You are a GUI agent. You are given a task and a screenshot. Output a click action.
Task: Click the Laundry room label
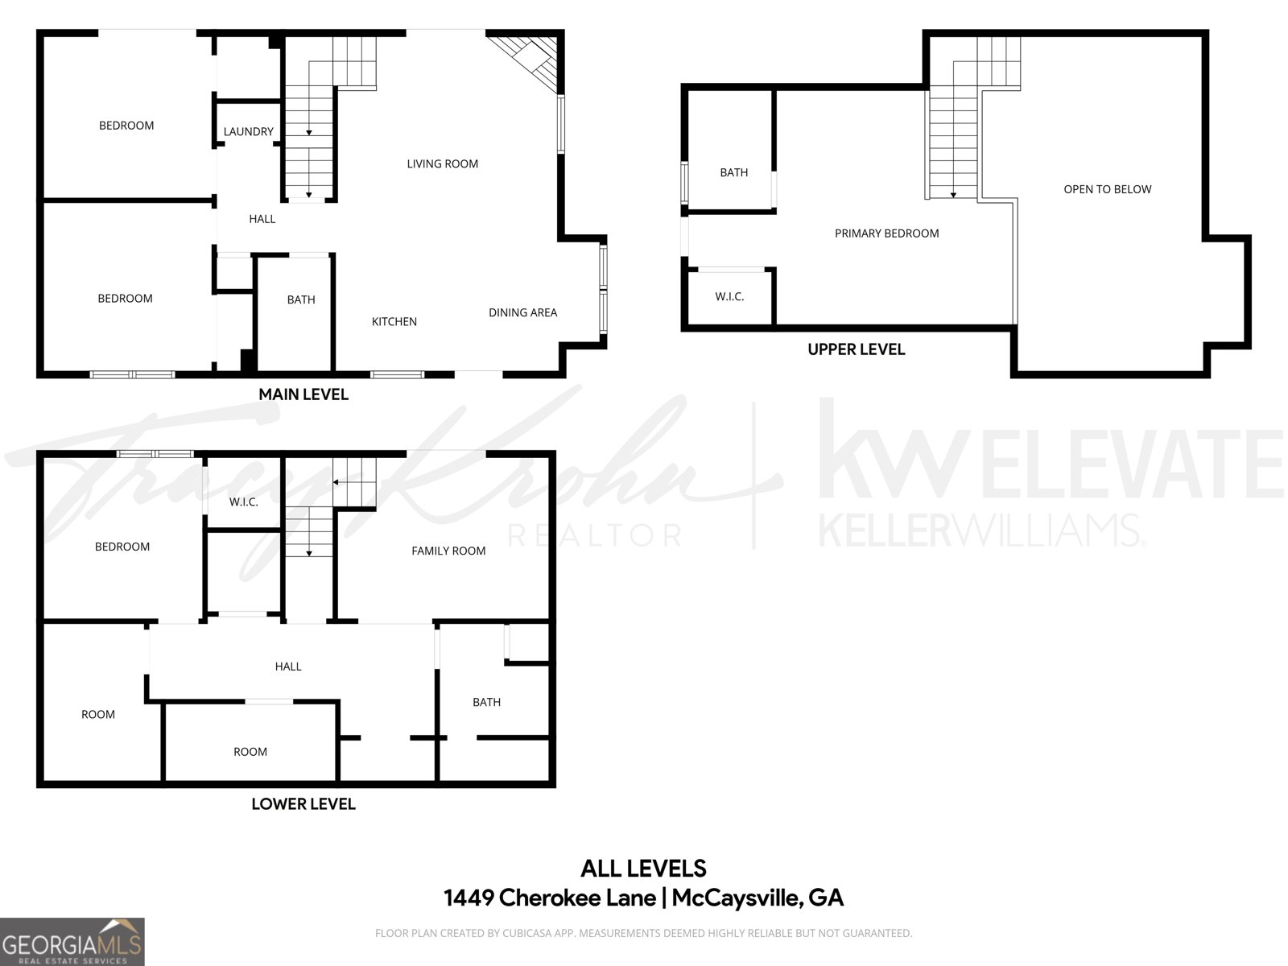pyautogui.click(x=248, y=131)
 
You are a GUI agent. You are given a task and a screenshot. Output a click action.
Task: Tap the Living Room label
pyautogui.click(x=442, y=163)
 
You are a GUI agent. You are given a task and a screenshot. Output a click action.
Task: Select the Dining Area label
pyautogui.click(x=522, y=312)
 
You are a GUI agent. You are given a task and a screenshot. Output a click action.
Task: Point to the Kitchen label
pyautogui.click(x=394, y=321)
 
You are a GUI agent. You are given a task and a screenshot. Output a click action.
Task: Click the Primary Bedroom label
pyautogui.click(x=886, y=233)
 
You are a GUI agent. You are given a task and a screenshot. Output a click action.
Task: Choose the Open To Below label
pyautogui.click(x=1107, y=189)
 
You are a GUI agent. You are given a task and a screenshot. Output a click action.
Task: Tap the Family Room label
pyautogui.click(x=448, y=551)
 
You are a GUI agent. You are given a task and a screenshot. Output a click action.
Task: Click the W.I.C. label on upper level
pyautogui.click(x=729, y=296)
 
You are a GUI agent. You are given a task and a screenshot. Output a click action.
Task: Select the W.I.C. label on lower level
pyautogui.click(x=243, y=502)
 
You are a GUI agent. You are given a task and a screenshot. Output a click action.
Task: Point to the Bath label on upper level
pyautogui.click(x=733, y=172)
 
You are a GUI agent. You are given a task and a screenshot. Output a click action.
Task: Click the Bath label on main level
pyautogui.click(x=301, y=299)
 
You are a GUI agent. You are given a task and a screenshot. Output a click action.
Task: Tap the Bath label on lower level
pyautogui.click(x=486, y=702)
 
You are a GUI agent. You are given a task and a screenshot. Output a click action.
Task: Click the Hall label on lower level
pyautogui.click(x=287, y=667)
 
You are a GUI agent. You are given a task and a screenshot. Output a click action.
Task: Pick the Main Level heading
pyautogui.click(x=303, y=394)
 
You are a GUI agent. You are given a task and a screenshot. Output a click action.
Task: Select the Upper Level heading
pyautogui.click(x=856, y=349)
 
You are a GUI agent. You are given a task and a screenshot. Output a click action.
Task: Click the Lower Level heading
pyautogui.click(x=303, y=803)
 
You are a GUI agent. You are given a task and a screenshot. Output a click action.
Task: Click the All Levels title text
pyautogui.click(x=643, y=869)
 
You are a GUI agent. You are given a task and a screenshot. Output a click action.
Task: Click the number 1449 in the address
pyautogui.click(x=469, y=898)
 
